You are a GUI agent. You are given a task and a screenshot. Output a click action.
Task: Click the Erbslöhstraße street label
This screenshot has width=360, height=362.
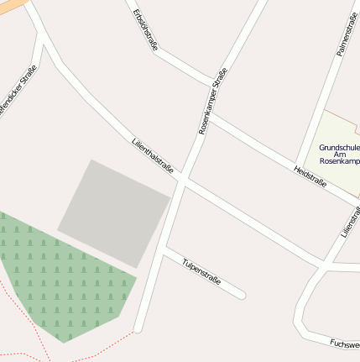[x=145, y=31]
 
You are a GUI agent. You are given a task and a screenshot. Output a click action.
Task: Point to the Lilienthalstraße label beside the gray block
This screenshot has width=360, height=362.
[x=153, y=157]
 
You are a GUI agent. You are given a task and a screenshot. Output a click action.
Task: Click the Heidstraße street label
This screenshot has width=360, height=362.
[x=310, y=177]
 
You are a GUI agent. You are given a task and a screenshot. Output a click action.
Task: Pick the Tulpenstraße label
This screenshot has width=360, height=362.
[x=201, y=270]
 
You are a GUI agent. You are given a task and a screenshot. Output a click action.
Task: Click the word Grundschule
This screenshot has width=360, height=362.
[x=339, y=147]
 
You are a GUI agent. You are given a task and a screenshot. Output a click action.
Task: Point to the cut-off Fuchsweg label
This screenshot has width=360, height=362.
[x=345, y=344]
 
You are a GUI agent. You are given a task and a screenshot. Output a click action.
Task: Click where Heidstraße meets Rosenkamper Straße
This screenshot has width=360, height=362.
[x=206, y=117]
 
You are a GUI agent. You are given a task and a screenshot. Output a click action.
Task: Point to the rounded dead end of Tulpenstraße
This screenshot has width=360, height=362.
[x=241, y=295]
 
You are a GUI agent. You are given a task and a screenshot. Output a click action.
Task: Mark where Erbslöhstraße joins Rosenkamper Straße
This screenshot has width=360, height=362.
[x=213, y=84]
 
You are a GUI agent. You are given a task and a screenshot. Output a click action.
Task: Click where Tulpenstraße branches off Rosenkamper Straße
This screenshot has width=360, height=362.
[x=163, y=250]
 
